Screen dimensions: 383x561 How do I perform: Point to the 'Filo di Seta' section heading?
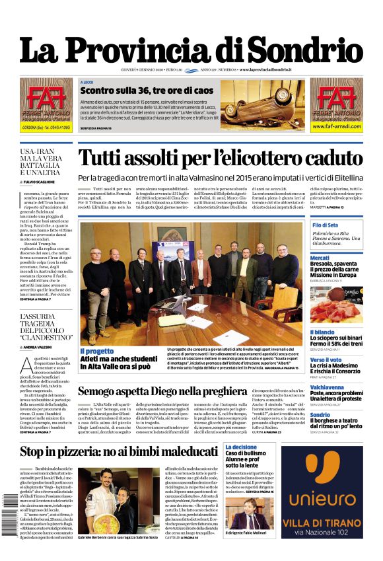[325, 225]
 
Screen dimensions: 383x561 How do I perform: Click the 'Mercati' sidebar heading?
[320, 258]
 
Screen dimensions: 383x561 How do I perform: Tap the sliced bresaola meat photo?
[336, 305]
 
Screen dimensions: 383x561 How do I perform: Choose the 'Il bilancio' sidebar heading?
[323, 332]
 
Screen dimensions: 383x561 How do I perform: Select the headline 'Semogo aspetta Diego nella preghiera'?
[189, 391]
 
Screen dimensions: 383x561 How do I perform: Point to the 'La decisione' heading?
[241, 447]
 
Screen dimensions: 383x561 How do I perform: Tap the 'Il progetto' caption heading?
[97, 351]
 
